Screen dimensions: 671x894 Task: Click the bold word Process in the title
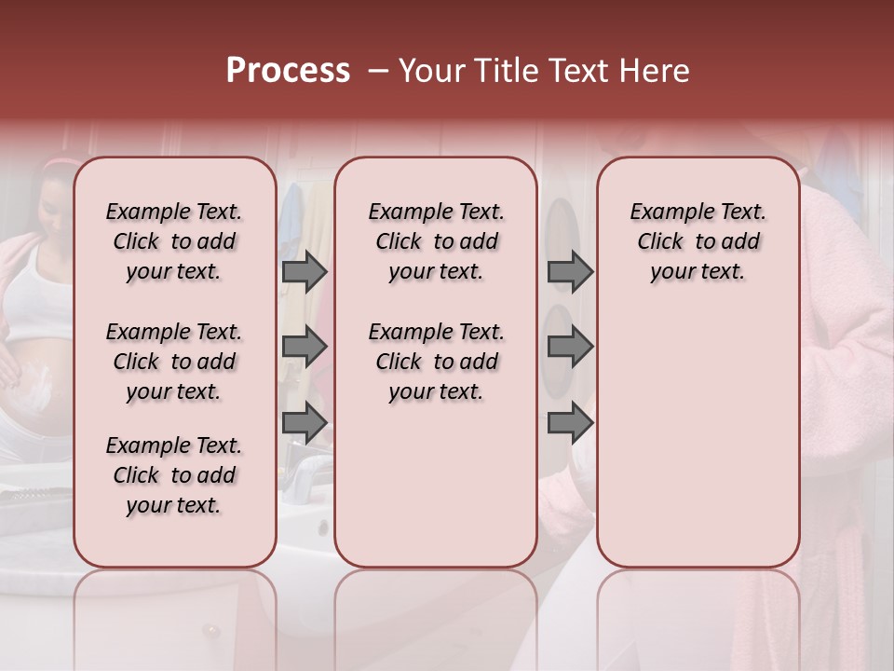(x=288, y=71)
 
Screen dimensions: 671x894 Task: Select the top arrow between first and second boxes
(x=305, y=271)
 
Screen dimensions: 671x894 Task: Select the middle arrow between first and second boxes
(x=305, y=347)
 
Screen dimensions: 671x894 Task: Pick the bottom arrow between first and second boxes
(x=305, y=423)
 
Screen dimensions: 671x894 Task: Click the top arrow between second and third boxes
(x=570, y=271)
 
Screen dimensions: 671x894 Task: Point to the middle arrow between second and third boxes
(x=570, y=347)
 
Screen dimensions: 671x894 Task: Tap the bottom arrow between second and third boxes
(x=570, y=423)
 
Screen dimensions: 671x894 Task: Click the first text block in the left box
(x=174, y=241)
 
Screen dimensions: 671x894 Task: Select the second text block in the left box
(x=174, y=362)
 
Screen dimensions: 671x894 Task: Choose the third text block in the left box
(x=174, y=475)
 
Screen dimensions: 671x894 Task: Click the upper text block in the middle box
(x=436, y=241)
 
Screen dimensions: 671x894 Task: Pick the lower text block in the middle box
(x=436, y=362)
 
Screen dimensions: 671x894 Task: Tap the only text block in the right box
(x=698, y=241)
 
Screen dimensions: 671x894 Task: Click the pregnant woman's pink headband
(x=58, y=168)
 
